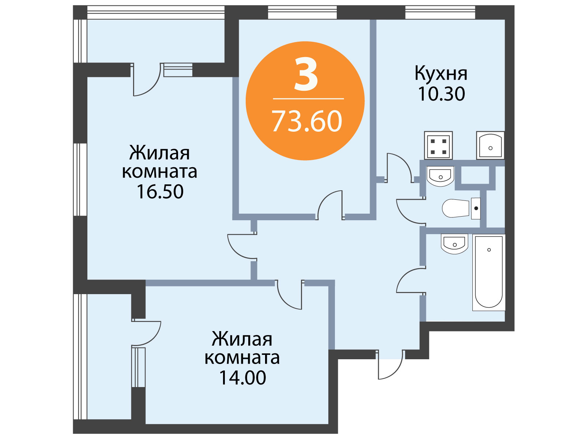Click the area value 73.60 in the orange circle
point(306,121)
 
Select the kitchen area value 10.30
point(441,94)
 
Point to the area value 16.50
point(160,191)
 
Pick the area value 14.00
point(242,378)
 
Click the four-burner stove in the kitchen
point(438,145)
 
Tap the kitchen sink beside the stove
point(490,145)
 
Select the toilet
point(461,208)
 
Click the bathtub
point(489,272)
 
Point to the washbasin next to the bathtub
point(455,244)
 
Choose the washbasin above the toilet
point(440,176)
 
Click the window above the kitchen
point(440,12)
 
